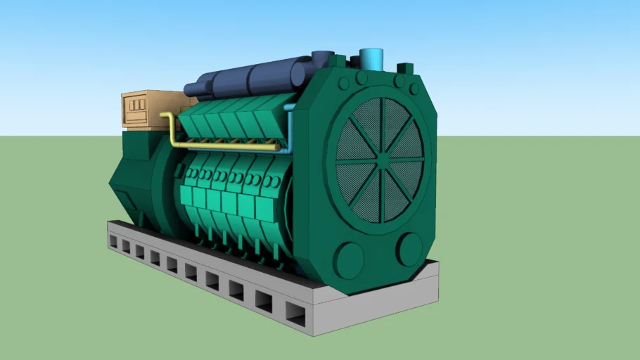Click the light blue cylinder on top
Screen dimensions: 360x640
pyautogui.click(x=371, y=59)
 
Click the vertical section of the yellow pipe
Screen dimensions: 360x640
pyautogui.click(x=172, y=129)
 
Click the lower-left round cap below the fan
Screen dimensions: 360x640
pyautogui.click(x=350, y=259)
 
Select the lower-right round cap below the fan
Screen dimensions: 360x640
pyautogui.click(x=409, y=248)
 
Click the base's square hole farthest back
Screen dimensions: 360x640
pyautogui.click(x=113, y=241)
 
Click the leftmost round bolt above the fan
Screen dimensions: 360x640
pyautogui.click(x=344, y=84)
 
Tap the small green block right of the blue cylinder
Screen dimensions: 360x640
pyautogui.click(x=405, y=68)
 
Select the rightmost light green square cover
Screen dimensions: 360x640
pyautogui.click(x=264, y=208)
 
